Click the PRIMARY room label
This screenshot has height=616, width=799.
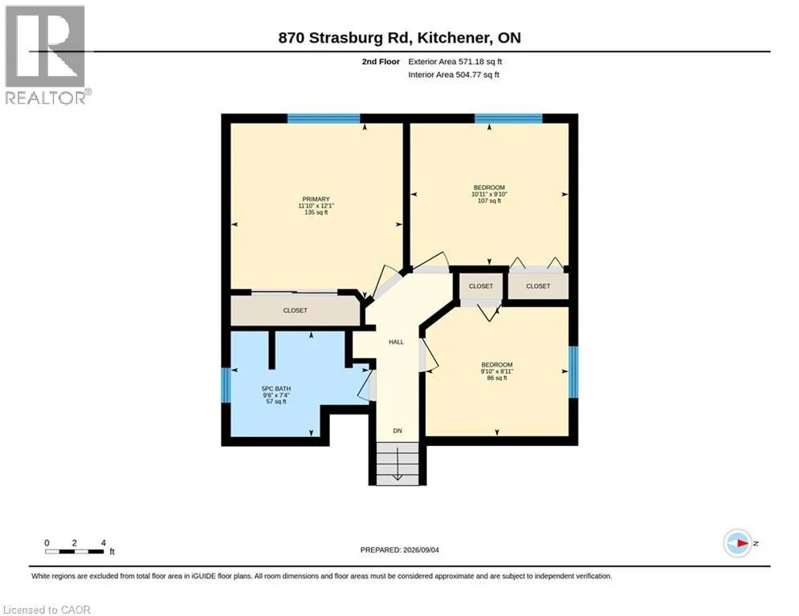point(316,199)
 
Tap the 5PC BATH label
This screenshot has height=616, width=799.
point(276,388)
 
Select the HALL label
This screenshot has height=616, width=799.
point(396,342)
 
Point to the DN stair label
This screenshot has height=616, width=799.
point(397,431)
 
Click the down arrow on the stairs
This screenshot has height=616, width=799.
point(397,464)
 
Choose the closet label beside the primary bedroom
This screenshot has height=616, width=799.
point(295,310)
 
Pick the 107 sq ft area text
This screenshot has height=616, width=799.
point(489,201)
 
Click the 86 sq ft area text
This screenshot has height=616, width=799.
point(497,378)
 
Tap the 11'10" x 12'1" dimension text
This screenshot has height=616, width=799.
point(316,205)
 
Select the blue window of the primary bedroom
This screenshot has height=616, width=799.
point(324,119)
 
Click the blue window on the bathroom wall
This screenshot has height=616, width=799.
point(226,385)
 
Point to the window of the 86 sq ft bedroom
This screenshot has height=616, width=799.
point(573,371)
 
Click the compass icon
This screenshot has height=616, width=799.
point(737,543)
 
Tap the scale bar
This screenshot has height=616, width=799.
point(75,551)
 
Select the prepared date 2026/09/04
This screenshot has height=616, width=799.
point(421,549)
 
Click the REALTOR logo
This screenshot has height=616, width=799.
point(46,55)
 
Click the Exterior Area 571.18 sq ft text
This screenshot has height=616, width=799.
point(455,62)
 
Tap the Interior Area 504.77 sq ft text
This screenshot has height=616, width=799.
point(454,75)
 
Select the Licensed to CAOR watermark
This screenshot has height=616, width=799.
point(47,610)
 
